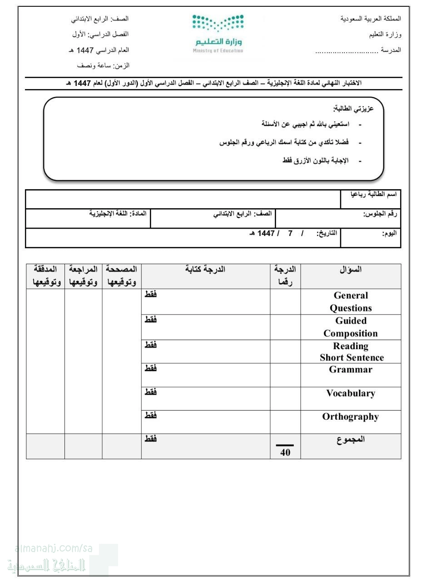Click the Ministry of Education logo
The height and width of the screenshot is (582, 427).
pos(218,34)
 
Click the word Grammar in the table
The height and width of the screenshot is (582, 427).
pos(350,370)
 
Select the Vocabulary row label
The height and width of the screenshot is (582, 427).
pos(350,393)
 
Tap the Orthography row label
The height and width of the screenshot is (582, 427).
pos(350,416)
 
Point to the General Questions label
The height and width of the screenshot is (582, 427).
pos(350,301)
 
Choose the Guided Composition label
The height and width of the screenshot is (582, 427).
pos(350,327)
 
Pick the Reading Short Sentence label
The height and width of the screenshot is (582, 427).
pos(351,351)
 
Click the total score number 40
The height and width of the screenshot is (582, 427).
pos(285,452)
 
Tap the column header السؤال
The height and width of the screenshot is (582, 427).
pos(351,270)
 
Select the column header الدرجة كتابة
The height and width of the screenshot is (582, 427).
pos(205,270)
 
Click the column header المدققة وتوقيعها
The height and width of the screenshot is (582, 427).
pos(45,276)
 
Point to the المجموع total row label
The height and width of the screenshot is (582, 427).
pos(351,439)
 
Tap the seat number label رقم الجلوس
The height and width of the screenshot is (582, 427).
pos(380,214)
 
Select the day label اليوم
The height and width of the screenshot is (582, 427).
pos(389,233)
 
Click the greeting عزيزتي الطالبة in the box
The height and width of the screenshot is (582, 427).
pos(353,109)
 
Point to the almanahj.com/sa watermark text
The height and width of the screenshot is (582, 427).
pos(54,549)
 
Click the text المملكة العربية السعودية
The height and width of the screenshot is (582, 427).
pos(371,19)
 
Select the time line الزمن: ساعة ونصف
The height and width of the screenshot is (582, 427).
pos(103,65)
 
